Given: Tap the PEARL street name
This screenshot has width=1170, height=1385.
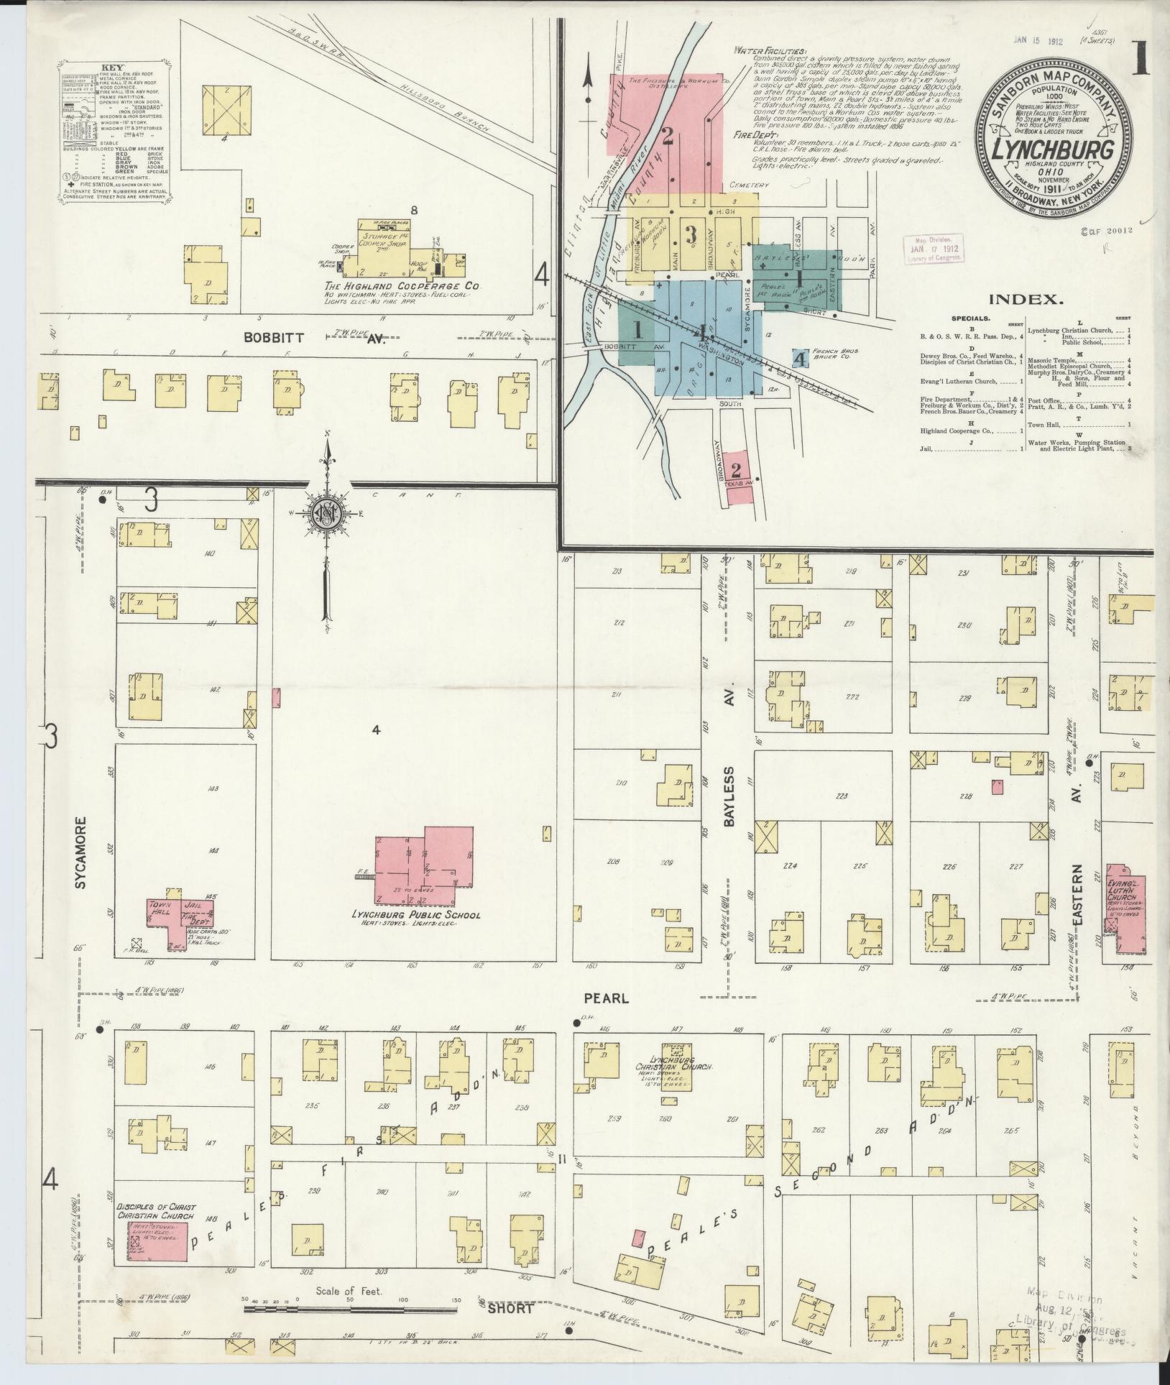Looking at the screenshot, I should point(596,998).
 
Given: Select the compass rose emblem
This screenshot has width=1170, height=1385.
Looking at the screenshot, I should point(328,514).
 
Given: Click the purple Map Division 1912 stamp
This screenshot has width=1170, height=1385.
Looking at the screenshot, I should point(934,249).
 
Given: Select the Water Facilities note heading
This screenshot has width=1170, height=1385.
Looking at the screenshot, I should point(770,51).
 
